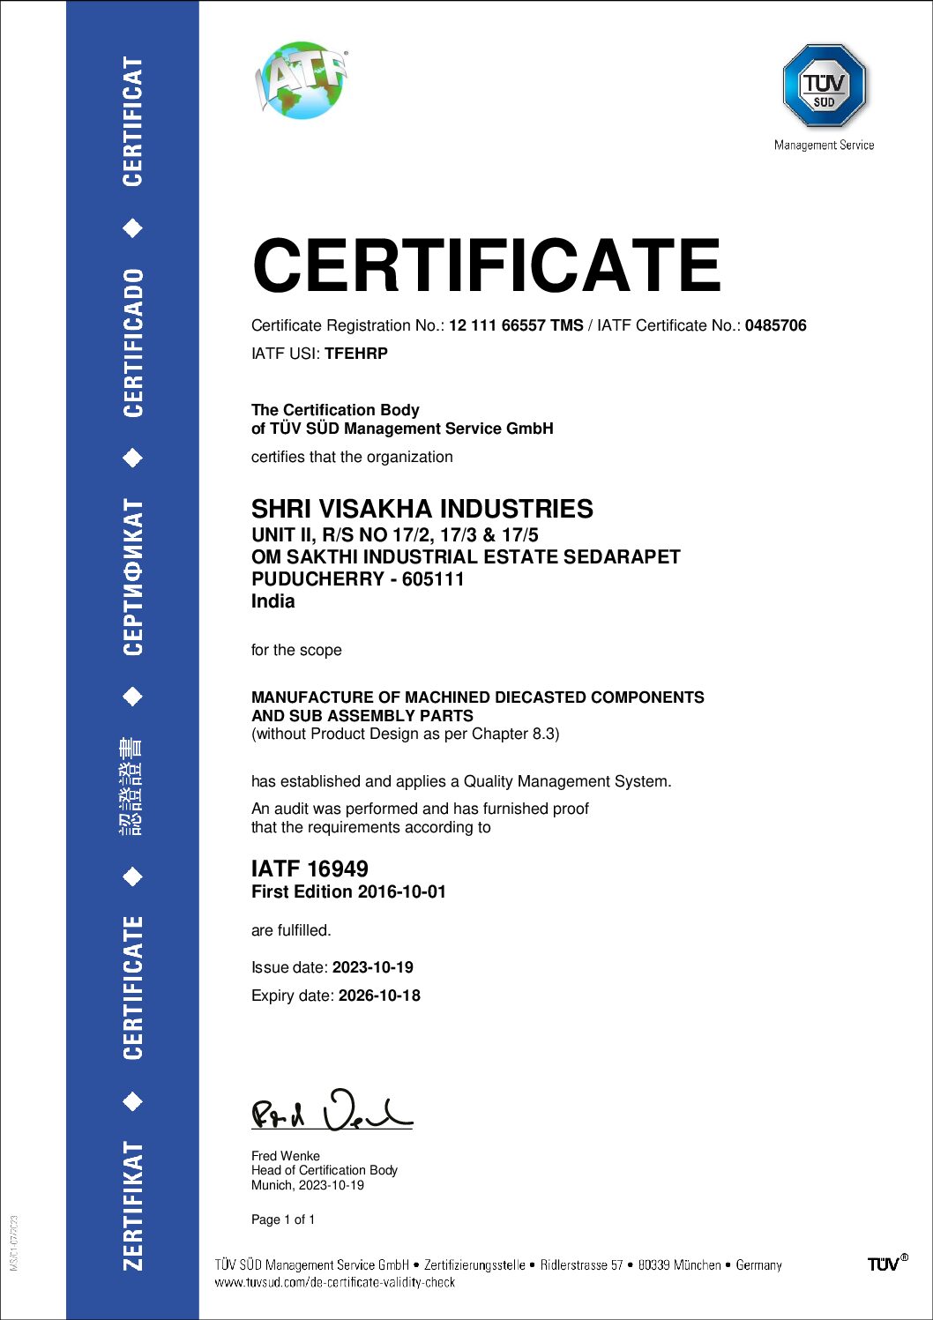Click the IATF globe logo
pyautogui.click(x=302, y=79)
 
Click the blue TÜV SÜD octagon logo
pyautogui.click(x=825, y=86)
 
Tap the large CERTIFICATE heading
pyautogui.click(x=486, y=265)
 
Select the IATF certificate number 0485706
pyautogui.click(x=775, y=325)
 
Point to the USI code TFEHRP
pyautogui.click(x=356, y=354)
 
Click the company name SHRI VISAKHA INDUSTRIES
pyautogui.click(x=422, y=509)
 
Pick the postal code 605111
pyautogui.click(x=433, y=579)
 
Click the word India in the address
pyautogui.click(x=273, y=601)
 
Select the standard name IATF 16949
pyautogui.click(x=310, y=869)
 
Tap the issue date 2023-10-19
pyautogui.click(x=372, y=967)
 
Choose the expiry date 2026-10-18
pyautogui.click(x=379, y=996)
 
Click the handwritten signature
pyautogui.click(x=332, y=1110)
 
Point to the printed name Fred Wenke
pyautogui.click(x=286, y=1156)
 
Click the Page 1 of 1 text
pyautogui.click(x=283, y=1219)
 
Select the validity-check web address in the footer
pyautogui.click(x=335, y=1283)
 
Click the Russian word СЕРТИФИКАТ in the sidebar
pyautogui.click(x=133, y=577)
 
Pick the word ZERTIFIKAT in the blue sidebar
pyautogui.click(x=133, y=1205)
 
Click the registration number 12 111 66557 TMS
pyautogui.click(x=516, y=325)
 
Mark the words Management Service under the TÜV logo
pyautogui.click(x=824, y=145)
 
